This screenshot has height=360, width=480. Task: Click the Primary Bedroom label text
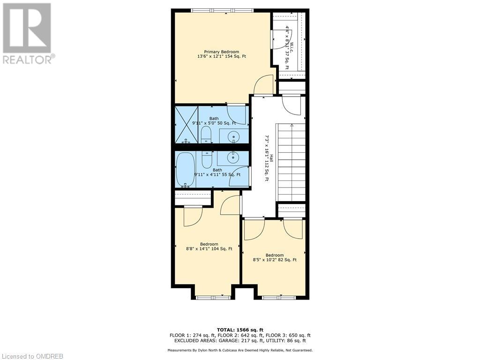(x=221, y=54)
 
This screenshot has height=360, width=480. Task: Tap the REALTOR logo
(x=28, y=33)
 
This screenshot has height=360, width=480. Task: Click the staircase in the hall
(x=291, y=162)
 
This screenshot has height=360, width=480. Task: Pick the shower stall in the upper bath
(x=186, y=124)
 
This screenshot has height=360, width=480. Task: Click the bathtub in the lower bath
(x=186, y=169)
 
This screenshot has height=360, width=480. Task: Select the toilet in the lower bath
(x=207, y=159)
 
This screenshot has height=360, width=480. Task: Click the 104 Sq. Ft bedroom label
(x=209, y=247)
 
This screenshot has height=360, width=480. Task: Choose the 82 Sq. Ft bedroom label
(x=275, y=257)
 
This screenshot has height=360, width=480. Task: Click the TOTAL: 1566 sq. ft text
(x=240, y=330)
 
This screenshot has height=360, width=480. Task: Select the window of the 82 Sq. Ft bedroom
(x=278, y=297)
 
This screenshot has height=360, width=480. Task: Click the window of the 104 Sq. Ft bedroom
(x=213, y=297)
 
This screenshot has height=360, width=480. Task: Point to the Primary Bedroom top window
(x=222, y=10)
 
